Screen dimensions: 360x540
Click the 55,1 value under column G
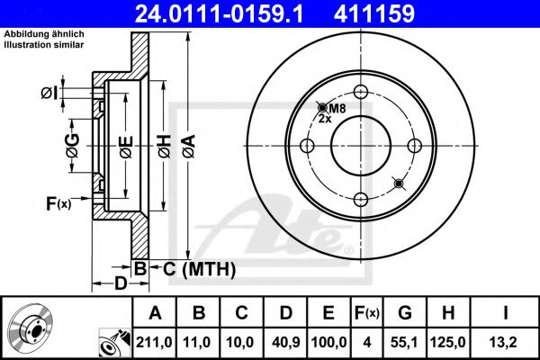click(x=406, y=341)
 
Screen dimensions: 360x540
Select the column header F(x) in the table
click(x=367, y=313)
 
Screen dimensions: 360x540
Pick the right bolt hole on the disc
click(x=416, y=146)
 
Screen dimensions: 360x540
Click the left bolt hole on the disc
click(x=307, y=146)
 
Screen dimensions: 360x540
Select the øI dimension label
click(x=50, y=92)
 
